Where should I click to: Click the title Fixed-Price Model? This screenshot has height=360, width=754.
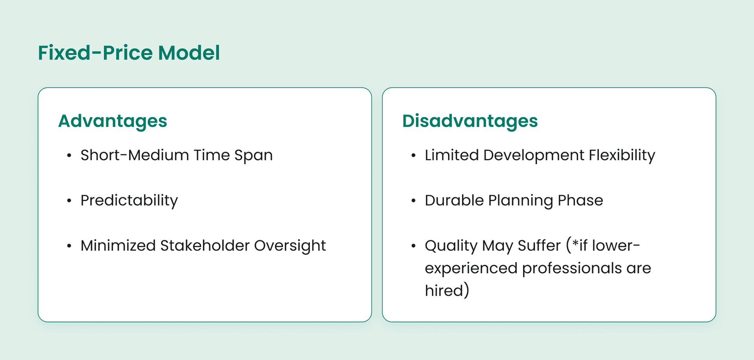click(129, 53)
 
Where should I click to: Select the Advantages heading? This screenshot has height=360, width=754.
click(113, 121)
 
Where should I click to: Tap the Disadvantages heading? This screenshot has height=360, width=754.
click(470, 121)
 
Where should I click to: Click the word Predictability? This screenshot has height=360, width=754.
click(129, 201)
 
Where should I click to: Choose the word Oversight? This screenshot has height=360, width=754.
click(290, 246)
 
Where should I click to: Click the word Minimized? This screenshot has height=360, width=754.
click(118, 246)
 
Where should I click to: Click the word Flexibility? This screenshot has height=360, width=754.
click(622, 155)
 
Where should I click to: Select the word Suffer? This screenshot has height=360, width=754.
click(539, 246)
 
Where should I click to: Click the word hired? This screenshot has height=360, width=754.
click(444, 291)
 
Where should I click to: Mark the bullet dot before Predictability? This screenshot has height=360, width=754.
click(69, 201)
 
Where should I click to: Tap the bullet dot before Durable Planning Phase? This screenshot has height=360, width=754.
click(413, 201)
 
